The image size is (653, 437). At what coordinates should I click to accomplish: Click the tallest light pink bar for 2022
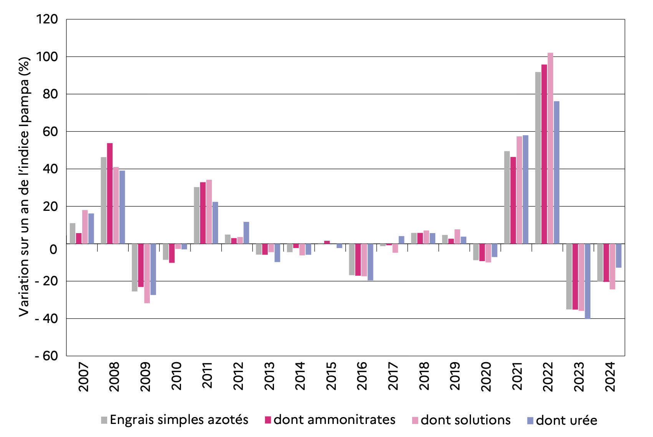coord(550,148)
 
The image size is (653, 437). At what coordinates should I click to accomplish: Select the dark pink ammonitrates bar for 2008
coord(110,194)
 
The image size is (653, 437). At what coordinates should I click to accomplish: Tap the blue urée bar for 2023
coord(587,281)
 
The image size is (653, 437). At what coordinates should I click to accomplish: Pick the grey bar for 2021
coord(507,197)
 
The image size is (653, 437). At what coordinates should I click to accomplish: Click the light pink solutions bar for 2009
coord(147,273)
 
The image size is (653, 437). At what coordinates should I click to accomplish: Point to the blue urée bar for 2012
coord(246,233)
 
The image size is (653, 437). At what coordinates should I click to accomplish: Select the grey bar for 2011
coord(197,215)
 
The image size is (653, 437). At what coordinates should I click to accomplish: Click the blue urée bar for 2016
coord(370,262)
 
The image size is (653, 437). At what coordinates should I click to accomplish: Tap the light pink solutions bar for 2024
coord(612,267)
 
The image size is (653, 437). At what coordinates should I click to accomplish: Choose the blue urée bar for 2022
coord(557,172)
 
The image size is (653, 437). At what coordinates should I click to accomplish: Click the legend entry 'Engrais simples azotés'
coord(179,420)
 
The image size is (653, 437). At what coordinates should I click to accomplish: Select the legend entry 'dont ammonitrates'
coord(334,420)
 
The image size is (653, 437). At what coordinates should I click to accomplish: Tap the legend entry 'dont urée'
coord(566,420)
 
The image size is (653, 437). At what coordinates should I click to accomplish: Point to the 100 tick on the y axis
coord(47,57)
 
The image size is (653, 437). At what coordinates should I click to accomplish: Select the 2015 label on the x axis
coord(331,376)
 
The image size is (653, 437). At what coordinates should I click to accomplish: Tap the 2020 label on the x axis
coord(486,376)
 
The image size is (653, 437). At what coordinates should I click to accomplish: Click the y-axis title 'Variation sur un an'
coord(24,187)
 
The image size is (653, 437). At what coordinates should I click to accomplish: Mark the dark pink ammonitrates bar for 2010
coord(172,253)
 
